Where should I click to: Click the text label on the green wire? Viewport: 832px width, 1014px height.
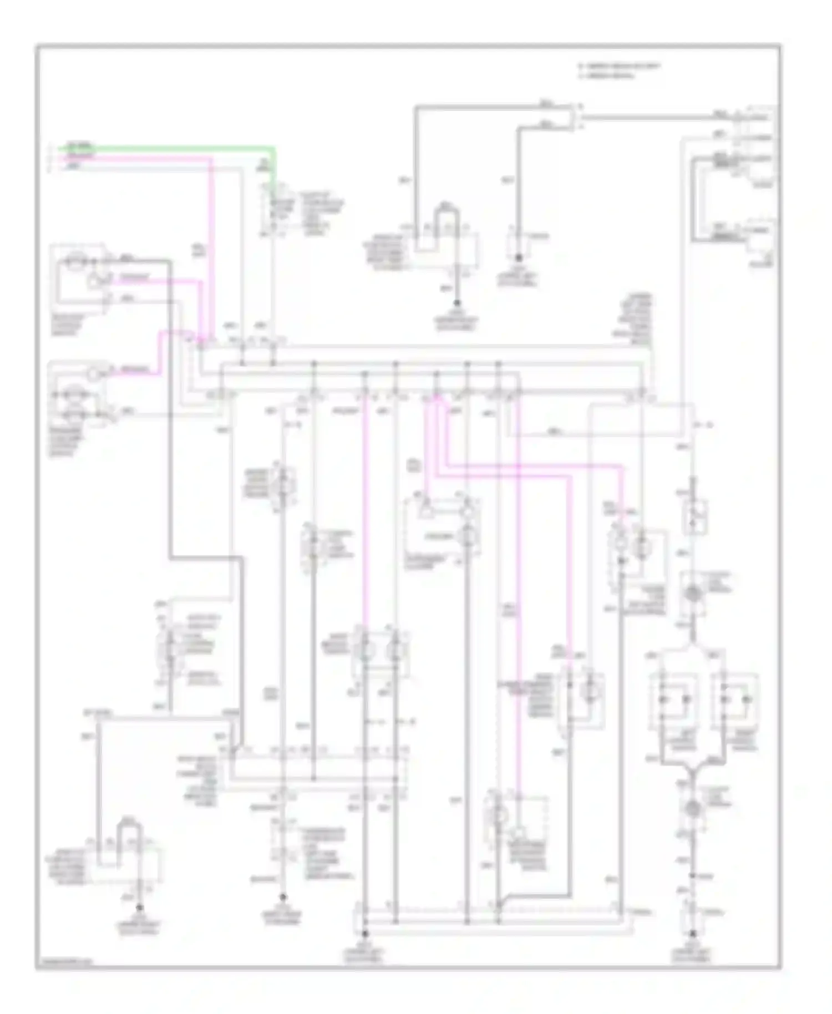78,147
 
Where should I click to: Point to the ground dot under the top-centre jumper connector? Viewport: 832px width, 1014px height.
457,303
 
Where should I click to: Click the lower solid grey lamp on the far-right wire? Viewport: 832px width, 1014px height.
692,809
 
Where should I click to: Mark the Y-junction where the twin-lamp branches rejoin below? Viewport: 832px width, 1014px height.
692,769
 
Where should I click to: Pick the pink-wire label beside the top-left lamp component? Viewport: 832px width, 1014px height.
134,278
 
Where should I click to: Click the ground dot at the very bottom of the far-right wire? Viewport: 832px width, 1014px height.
692,939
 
